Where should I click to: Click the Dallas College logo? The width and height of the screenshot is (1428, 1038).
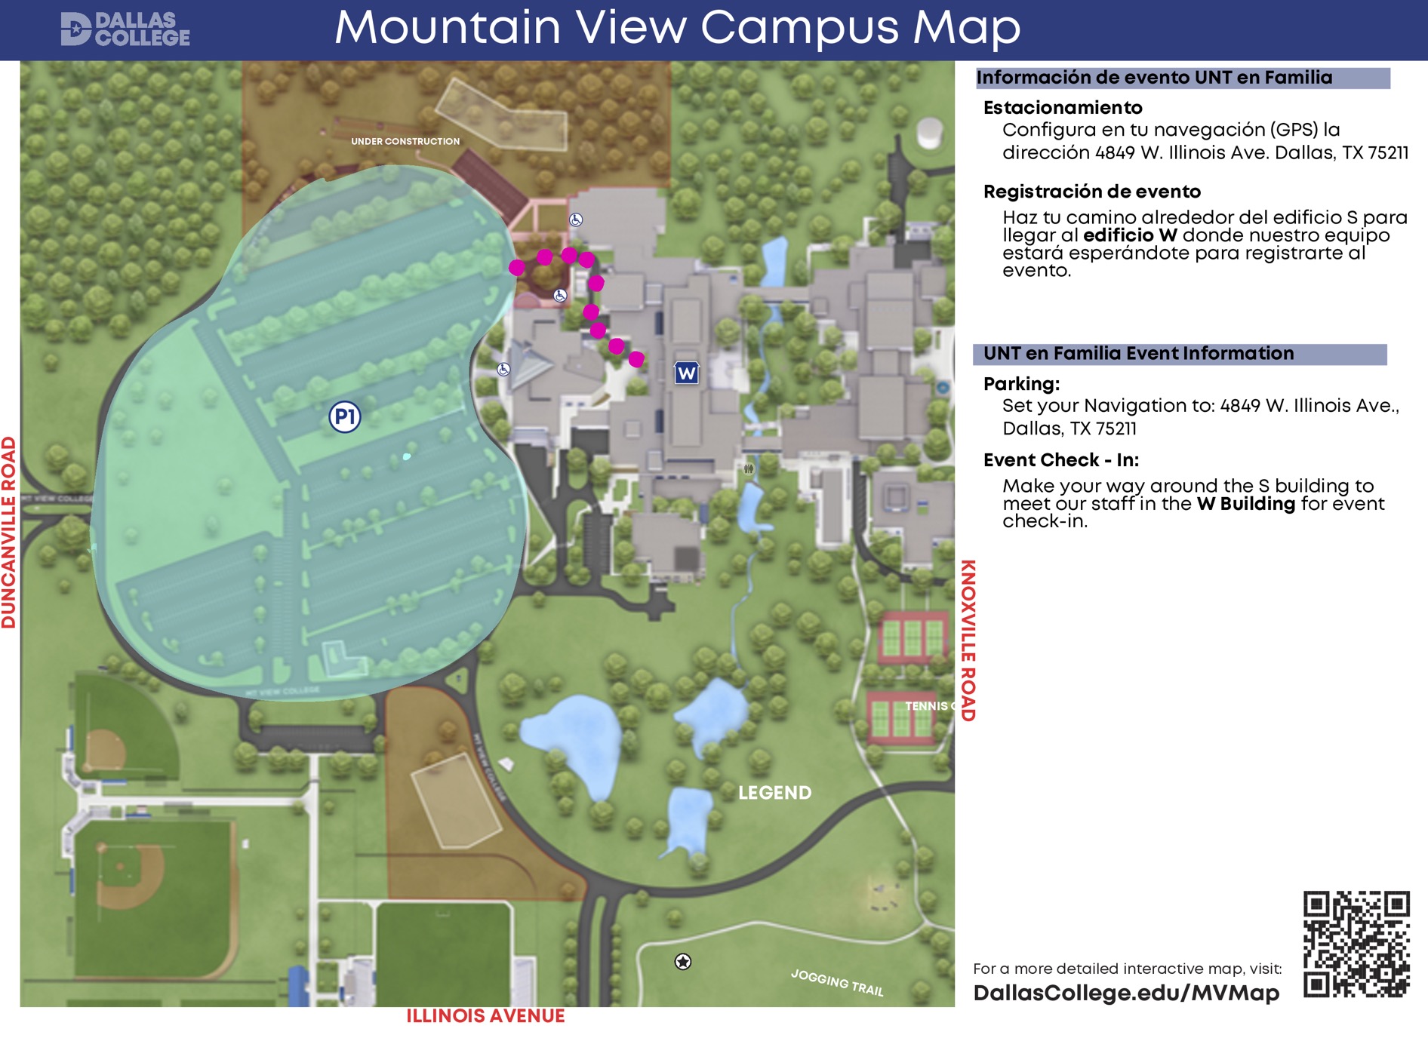[x=125, y=29]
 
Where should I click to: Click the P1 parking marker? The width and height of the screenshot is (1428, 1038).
[x=344, y=416]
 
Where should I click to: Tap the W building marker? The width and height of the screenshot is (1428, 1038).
[x=686, y=373]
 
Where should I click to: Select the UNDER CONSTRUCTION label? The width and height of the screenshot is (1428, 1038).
[x=405, y=141]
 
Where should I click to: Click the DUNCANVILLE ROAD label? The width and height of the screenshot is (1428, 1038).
[x=8, y=532]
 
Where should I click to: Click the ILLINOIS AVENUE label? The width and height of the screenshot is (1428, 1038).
[x=485, y=1016]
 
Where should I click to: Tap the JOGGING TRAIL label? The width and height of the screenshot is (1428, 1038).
[x=837, y=982]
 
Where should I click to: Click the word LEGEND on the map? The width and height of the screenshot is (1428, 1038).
[x=774, y=793]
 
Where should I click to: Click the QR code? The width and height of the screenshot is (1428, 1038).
[x=1356, y=944]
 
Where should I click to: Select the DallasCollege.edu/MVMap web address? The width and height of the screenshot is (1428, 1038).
[x=1125, y=993]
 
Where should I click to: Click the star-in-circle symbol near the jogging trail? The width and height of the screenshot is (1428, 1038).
[x=682, y=961]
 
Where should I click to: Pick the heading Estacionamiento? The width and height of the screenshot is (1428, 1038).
[x=1062, y=108]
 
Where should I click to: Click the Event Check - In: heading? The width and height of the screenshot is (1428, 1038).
[x=1060, y=460]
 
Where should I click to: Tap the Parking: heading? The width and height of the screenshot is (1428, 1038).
[x=1020, y=384]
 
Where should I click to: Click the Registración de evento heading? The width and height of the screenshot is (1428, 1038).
[x=1091, y=192]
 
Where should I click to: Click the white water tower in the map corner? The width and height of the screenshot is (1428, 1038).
[x=929, y=134]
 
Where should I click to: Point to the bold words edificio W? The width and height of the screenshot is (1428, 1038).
[x=1129, y=235]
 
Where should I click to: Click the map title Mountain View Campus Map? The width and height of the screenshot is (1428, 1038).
[x=677, y=28]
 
